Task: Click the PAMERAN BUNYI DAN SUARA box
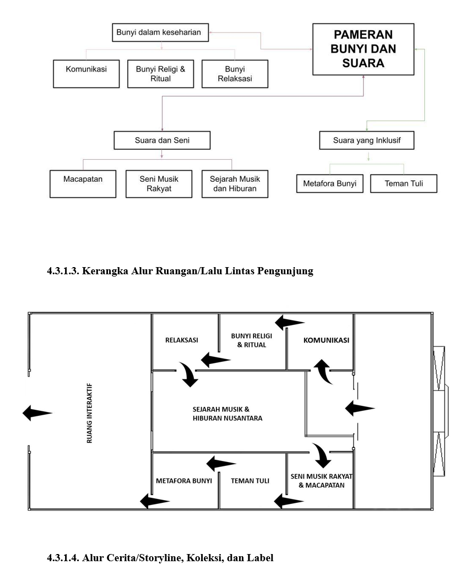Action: pyautogui.click(x=363, y=49)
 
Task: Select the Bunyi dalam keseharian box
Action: pyautogui.click(x=160, y=32)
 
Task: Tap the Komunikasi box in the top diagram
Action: pyautogui.click(x=86, y=74)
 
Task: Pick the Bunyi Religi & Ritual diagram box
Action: pyautogui.click(x=160, y=74)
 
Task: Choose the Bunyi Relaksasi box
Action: pyautogui.click(x=235, y=74)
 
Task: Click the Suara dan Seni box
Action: pyautogui.click(x=162, y=140)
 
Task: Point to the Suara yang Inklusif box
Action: pyautogui.click(x=367, y=140)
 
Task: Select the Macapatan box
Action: pyautogui.click(x=83, y=184)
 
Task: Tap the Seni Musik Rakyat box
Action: pyautogui.click(x=159, y=184)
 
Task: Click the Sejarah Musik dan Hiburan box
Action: pyautogui.click(x=235, y=184)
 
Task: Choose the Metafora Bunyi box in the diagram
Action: pyautogui.click(x=329, y=183)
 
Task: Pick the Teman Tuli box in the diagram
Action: pyautogui.click(x=403, y=183)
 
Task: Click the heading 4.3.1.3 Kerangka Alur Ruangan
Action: pyautogui.click(x=180, y=271)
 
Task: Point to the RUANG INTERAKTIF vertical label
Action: pyautogui.click(x=89, y=413)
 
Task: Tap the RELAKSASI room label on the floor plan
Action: pyautogui.click(x=181, y=340)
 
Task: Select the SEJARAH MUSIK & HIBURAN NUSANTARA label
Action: pyautogui.click(x=228, y=414)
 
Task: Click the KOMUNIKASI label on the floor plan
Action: pyautogui.click(x=326, y=340)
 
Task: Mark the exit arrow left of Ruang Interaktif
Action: pyautogui.click(x=37, y=413)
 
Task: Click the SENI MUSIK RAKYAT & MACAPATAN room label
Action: pyautogui.click(x=322, y=481)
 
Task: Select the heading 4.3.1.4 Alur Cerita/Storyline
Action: pyautogui.click(x=160, y=558)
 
